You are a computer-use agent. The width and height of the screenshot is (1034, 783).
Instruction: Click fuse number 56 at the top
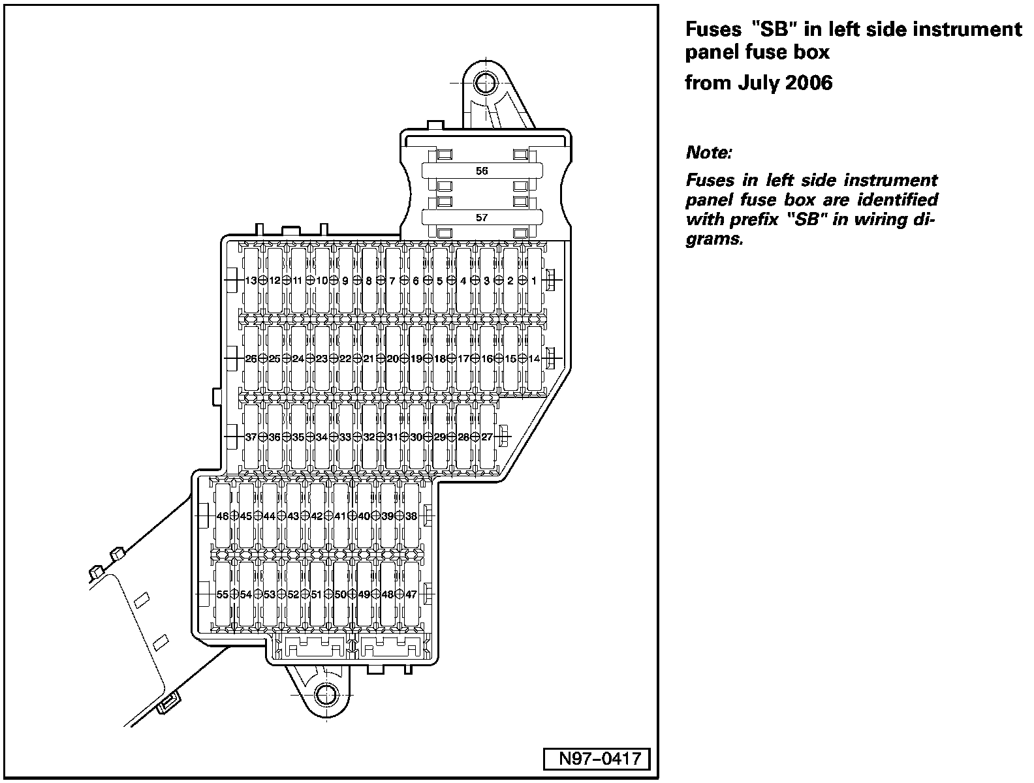482,171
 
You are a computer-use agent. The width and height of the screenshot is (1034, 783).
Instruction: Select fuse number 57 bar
482,218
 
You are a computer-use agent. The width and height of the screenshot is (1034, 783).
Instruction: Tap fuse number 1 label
534,281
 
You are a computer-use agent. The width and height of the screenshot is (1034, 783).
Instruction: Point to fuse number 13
251,281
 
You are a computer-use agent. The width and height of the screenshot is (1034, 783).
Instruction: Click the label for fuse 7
392,281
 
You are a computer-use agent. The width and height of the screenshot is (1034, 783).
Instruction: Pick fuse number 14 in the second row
534,358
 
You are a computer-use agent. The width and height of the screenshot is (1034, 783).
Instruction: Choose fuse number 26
251,358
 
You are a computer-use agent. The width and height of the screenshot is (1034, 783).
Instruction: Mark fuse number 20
392,358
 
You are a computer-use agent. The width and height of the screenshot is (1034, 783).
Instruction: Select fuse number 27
487,437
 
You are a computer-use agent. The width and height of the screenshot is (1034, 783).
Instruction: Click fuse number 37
251,437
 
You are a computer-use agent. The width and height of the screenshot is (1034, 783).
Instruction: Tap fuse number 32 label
369,437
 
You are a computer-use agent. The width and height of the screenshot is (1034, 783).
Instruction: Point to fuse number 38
411,515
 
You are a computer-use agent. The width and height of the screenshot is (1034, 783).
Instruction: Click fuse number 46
222,515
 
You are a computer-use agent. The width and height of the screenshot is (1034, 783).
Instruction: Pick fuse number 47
411,594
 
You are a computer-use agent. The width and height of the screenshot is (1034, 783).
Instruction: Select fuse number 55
222,594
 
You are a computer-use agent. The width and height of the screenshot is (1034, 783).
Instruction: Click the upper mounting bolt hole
484,82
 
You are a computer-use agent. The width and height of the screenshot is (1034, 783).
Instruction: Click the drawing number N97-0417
597,760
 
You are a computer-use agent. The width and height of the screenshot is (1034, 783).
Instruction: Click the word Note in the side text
709,153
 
